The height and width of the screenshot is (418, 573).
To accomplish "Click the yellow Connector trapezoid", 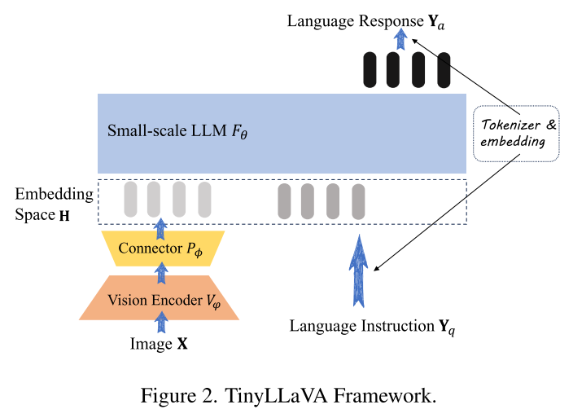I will tap(161, 249).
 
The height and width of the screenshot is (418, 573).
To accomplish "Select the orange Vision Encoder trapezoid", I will tap(161, 299).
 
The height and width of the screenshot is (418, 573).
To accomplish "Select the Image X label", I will tap(160, 344).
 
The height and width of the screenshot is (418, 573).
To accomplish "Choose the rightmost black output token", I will tap(444, 69).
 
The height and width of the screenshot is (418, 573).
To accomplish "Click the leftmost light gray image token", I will tap(130, 200).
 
